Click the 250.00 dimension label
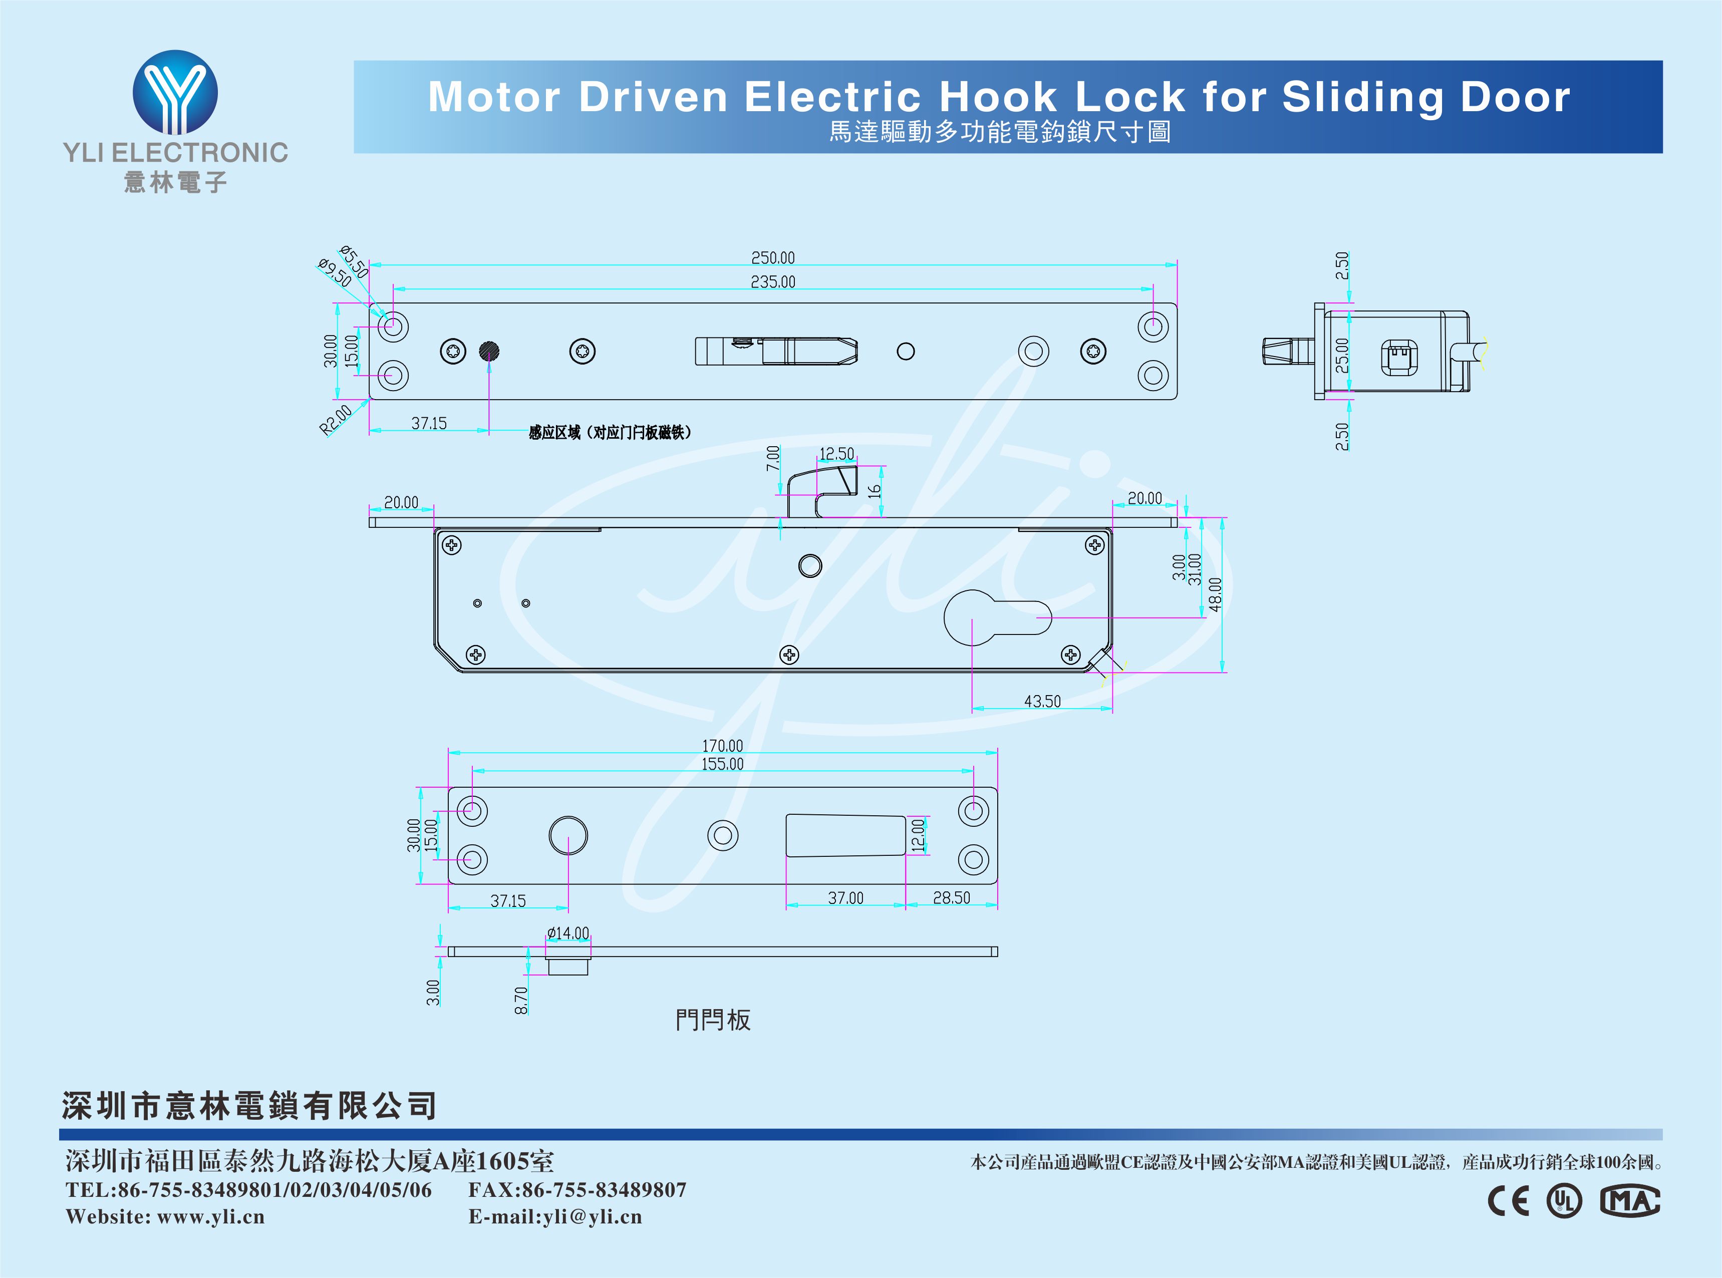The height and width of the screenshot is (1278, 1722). tap(773, 257)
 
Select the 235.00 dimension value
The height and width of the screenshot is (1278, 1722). tap(773, 281)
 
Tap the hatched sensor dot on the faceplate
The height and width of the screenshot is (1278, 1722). tap(489, 351)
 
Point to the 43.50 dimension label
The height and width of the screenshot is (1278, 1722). tap(1042, 702)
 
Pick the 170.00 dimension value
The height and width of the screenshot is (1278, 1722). tap(722, 746)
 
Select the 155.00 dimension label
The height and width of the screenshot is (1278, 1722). tap(722, 764)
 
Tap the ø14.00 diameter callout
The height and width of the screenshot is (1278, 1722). tap(568, 933)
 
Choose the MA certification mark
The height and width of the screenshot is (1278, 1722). tap(1629, 1201)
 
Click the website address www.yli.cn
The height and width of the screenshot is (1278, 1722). tap(210, 1217)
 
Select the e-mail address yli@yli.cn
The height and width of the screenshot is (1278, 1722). tap(592, 1217)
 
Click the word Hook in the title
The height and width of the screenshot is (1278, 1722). tap(997, 98)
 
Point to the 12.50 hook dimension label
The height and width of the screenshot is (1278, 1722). tap(836, 453)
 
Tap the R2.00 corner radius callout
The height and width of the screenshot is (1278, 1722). tap(336, 419)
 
